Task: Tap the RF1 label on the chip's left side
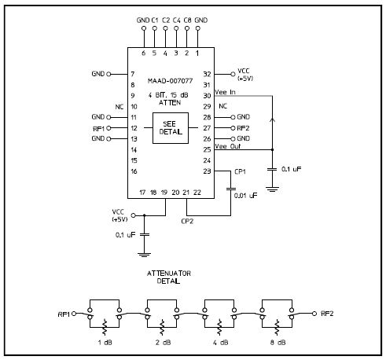pyautogui.click(x=97, y=127)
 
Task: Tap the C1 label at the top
pyautogui.click(x=155, y=20)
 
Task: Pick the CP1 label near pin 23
pyautogui.click(x=241, y=171)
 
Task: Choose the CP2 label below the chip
pyautogui.click(x=188, y=222)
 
